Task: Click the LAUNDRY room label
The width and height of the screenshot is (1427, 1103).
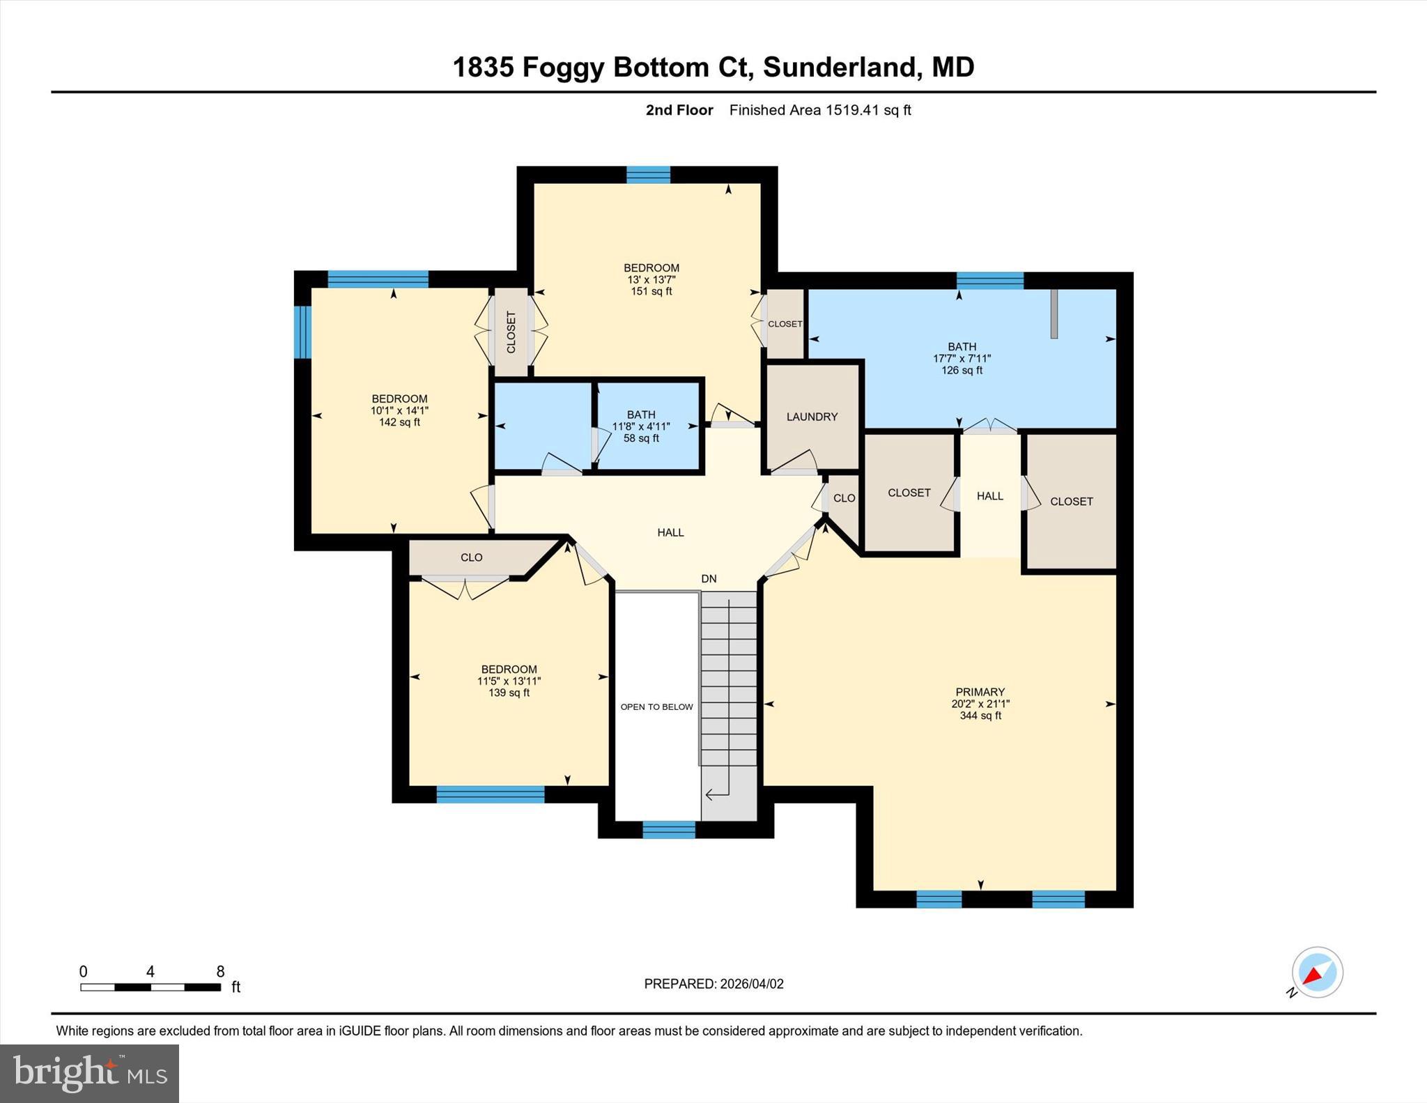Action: click(812, 417)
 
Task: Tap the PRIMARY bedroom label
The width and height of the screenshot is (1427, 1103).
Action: click(980, 692)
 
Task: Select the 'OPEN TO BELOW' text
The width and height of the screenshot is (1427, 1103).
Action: click(656, 707)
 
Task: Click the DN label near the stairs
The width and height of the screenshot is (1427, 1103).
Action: click(709, 579)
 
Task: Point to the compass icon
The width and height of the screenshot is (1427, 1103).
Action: click(1317, 973)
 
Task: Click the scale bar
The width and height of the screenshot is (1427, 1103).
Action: click(151, 987)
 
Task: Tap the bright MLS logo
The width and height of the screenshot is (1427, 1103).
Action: click(89, 1073)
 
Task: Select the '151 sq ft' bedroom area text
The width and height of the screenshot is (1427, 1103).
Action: click(651, 291)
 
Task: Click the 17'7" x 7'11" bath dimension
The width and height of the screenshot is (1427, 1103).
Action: click(962, 358)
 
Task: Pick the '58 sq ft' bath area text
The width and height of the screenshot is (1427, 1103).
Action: click(641, 438)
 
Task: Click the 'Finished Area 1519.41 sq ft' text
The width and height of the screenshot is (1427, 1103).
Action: click(820, 110)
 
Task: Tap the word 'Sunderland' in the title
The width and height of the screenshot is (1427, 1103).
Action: click(838, 68)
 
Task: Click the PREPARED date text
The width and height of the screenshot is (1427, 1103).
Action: click(713, 984)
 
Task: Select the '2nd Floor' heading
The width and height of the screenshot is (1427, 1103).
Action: click(679, 110)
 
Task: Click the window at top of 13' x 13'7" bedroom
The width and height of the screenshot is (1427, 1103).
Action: click(648, 175)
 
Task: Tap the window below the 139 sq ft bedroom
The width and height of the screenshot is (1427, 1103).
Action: click(490, 794)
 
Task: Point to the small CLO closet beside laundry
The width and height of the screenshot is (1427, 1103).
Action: click(844, 498)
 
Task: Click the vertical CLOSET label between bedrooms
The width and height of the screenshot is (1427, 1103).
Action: click(511, 332)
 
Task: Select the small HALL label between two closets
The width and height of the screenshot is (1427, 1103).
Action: click(989, 496)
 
